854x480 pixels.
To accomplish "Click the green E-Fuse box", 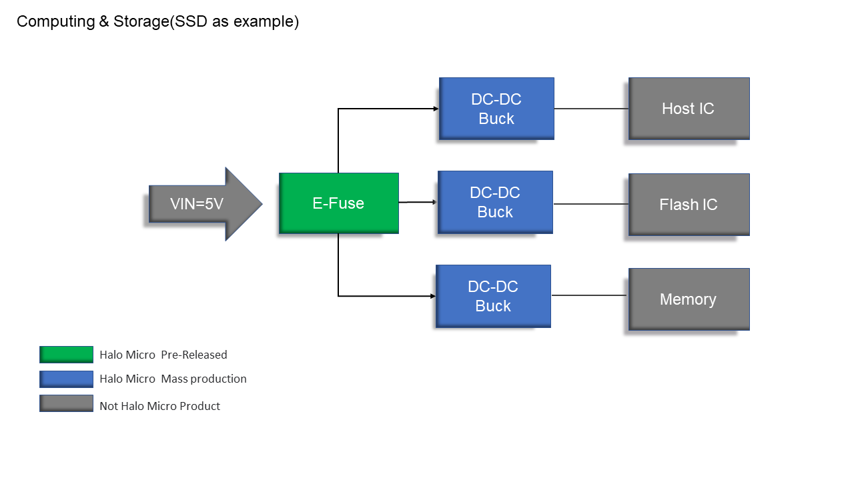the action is point(338,203).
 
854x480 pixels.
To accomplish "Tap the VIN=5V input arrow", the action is point(205,204).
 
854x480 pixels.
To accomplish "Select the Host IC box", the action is point(689,109).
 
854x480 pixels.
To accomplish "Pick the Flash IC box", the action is point(689,205).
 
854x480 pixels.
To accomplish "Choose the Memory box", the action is point(689,299).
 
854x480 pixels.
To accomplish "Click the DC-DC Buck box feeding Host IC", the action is point(496,109).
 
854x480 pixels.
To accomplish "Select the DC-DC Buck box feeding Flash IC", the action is point(495,202).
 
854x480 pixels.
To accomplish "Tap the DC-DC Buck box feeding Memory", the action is point(493,296).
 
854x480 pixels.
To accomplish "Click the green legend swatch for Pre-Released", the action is point(66,354).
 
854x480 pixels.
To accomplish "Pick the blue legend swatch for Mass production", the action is point(66,379).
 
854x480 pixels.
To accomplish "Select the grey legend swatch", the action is point(66,403).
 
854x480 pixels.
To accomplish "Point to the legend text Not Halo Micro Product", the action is point(159,406).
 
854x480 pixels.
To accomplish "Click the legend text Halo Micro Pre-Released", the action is point(163,355).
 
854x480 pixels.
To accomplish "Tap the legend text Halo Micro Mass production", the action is point(173,379).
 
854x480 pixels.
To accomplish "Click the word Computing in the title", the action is point(55,22).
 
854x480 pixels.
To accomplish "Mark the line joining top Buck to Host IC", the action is point(591,109).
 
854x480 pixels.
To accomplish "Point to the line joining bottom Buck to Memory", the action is point(590,295).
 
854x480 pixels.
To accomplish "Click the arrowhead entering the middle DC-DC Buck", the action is point(434,202).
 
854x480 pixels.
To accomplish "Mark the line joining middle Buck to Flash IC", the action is point(591,204).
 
